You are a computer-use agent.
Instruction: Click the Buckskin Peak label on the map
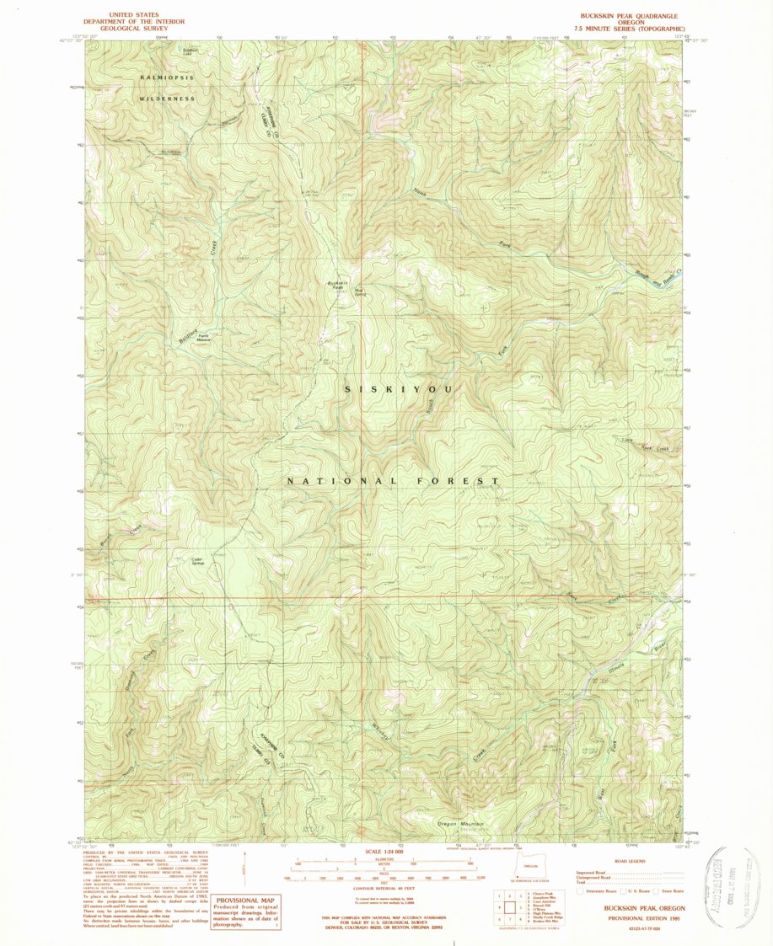[336, 285]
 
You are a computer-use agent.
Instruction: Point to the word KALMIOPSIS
[166, 77]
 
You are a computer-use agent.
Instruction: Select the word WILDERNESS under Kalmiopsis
[167, 99]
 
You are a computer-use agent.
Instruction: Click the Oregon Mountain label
[460, 823]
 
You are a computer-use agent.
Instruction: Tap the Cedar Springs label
[199, 560]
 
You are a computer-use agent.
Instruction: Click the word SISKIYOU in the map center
[400, 389]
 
